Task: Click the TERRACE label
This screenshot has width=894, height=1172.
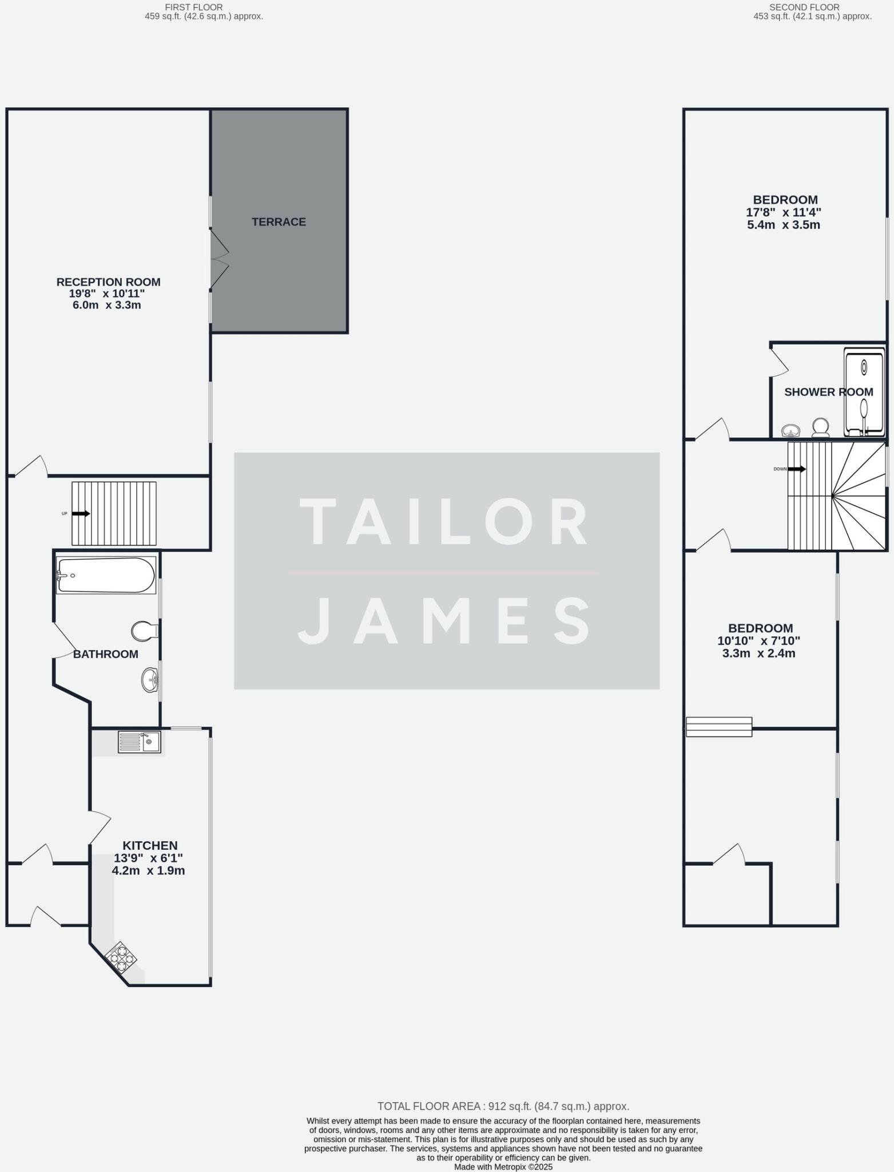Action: [x=279, y=222]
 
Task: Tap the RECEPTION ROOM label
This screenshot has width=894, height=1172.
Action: [x=108, y=282]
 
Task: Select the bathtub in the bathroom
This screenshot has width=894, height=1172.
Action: [x=106, y=575]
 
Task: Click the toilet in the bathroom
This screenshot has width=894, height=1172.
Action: [x=144, y=631]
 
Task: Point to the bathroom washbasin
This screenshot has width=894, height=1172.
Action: [x=150, y=680]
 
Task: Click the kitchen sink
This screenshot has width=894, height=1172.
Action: [x=140, y=742]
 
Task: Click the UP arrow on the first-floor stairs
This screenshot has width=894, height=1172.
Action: [x=81, y=513]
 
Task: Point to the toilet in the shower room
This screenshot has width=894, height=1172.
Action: [x=821, y=427]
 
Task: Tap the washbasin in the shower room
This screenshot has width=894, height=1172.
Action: [x=791, y=430]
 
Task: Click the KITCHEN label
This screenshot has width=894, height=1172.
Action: [x=150, y=845]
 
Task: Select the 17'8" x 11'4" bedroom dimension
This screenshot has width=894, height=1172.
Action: [x=784, y=212]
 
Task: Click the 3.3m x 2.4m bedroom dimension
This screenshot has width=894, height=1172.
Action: [x=758, y=654]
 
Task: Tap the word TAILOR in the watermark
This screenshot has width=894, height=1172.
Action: [x=445, y=522]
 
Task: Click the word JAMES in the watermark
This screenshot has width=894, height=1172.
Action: [x=445, y=620]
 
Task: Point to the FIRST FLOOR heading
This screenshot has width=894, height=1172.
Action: [x=193, y=7]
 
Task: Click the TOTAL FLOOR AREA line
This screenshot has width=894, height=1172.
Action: [x=503, y=1106]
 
